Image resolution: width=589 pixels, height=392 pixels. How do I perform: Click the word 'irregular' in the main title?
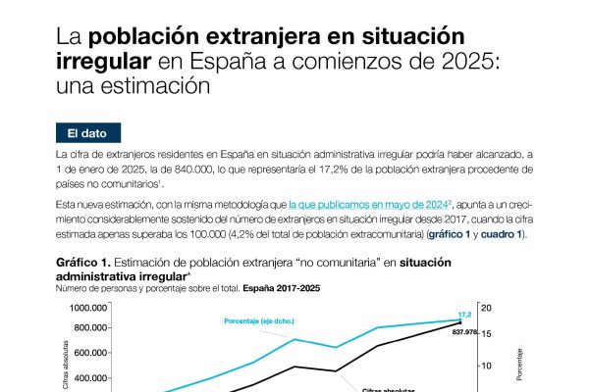pos(103,62)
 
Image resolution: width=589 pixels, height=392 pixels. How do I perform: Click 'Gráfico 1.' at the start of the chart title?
pos(82,265)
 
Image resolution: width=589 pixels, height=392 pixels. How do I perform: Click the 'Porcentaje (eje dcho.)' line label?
pos(259,321)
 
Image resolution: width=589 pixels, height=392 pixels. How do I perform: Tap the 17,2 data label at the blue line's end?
pos(467,314)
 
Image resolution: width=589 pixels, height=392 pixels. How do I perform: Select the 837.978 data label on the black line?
pos(469,331)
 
